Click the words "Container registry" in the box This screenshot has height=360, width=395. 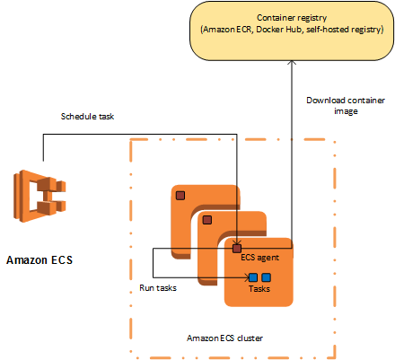click(292, 18)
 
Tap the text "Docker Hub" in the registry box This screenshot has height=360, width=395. click(284, 30)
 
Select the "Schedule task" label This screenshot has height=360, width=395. click(88, 117)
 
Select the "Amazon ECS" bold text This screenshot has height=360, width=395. click(40, 261)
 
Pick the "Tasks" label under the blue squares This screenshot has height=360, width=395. click(259, 288)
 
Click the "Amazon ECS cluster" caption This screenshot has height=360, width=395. click(228, 337)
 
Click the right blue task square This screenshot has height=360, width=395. click(267, 277)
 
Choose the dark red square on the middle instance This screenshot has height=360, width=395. click(207, 219)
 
